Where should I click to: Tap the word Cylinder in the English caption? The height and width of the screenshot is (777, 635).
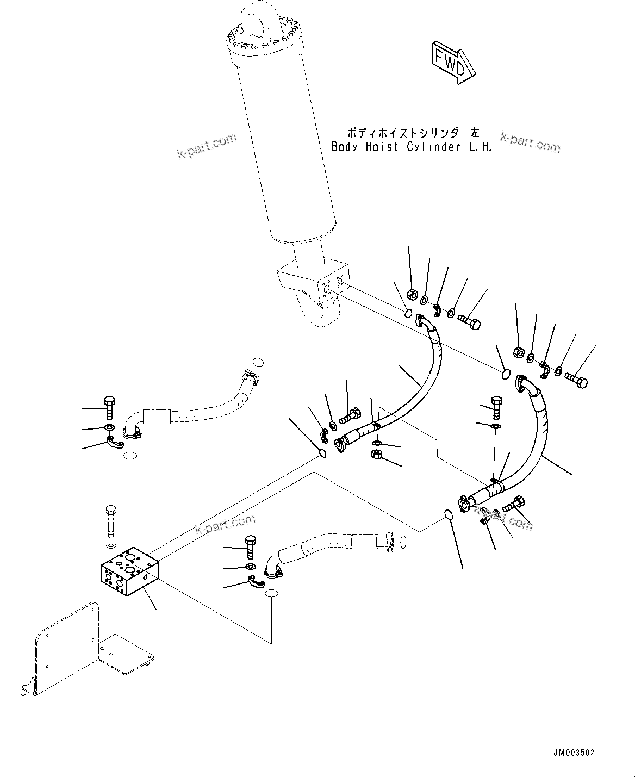[x=433, y=147]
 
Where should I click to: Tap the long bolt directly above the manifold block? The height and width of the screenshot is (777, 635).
[x=110, y=519]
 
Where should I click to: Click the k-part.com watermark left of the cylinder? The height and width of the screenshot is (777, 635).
[x=207, y=146]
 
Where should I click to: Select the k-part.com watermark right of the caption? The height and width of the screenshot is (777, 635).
[x=530, y=143]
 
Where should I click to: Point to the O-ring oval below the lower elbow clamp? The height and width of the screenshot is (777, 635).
[x=272, y=594]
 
